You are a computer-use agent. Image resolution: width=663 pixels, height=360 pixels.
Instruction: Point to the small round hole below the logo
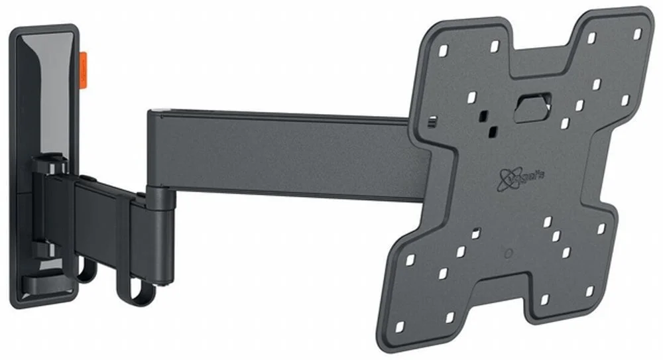point(508,253)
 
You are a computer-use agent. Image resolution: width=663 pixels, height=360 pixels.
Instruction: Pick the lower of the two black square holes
point(491,131)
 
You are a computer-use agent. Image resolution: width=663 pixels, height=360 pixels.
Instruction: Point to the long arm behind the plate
point(278,152)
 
